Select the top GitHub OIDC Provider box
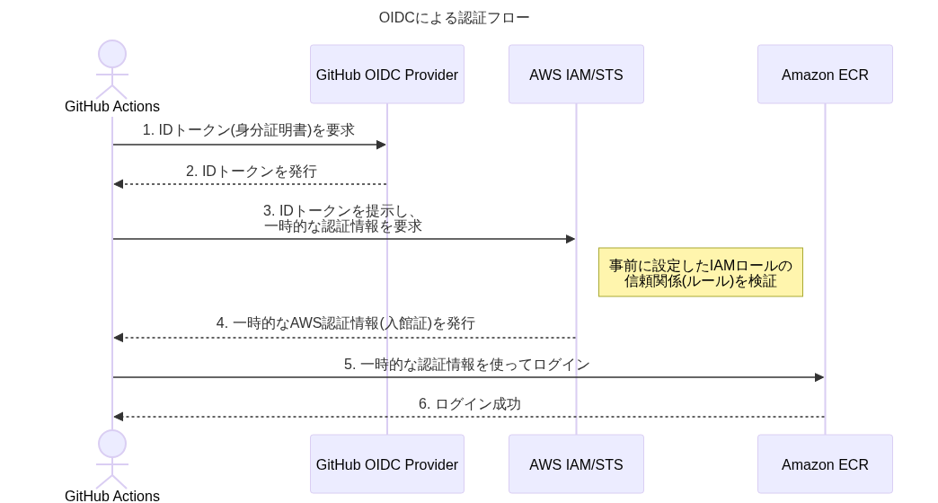tap(387, 75)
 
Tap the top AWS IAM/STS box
tap(576, 75)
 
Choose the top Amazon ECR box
tap(825, 75)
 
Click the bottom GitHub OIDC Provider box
tap(387, 464)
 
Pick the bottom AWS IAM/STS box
tap(576, 464)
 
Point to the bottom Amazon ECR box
tap(825, 464)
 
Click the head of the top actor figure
tap(112, 54)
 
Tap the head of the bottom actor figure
tap(112, 444)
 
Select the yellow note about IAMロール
tap(701, 273)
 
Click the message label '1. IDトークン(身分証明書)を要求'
tap(249, 130)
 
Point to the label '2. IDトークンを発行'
tap(252, 171)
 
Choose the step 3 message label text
tap(342, 218)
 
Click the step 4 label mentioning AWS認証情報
tap(345, 323)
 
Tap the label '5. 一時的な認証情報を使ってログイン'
tap(466, 365)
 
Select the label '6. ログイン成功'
tap(469, 404)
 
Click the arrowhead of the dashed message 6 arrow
tap(118, 417)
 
